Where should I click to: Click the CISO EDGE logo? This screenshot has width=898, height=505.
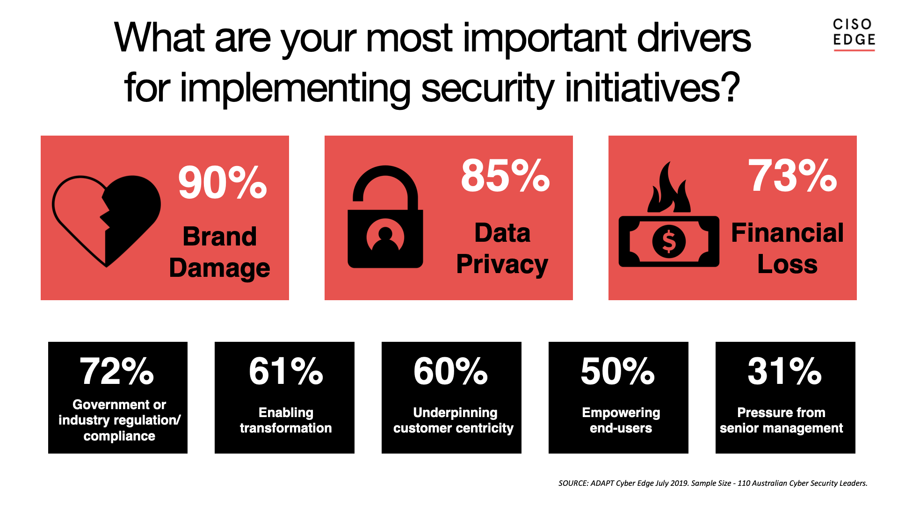[x=854, y=34]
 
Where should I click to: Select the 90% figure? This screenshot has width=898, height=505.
[x=223, y=182]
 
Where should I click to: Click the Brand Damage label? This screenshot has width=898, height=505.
[x=220, y=252]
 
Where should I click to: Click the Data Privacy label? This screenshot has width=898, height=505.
[x=502, y=249]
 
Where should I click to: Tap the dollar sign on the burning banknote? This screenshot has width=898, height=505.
[x=669, y=241]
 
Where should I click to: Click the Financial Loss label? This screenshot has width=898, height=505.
[x=788, y=248]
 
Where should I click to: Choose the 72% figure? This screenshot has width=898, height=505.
[x=117, y=371]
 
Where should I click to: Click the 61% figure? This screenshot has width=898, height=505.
[x=286, y=371]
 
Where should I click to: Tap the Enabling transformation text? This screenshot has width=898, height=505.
[x=286, y=420]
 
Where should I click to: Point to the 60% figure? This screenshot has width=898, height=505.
[x=451, y=371]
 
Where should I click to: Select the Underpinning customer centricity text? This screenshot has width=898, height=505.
[x=453, y=420]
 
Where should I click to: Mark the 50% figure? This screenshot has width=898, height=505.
[x=618, y=371]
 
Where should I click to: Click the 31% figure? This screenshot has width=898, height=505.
[x=785, y=371]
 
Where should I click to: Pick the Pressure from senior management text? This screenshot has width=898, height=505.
[x=782, y=420]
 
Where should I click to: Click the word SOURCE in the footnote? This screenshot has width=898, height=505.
[x=573, y=483]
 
